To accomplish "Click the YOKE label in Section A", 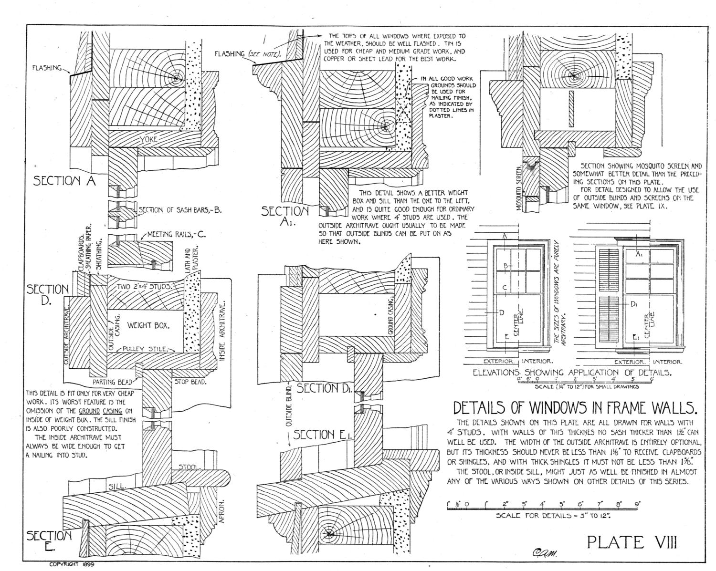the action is pos(148,139).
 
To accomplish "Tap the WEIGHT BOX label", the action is pos(148,326).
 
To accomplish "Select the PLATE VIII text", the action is pos(632,542).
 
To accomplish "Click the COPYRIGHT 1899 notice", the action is pos(72,564).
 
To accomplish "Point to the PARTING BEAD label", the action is pos(113,382).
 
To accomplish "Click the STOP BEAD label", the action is pos(190,382).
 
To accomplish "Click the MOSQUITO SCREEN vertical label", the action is pos(519,188).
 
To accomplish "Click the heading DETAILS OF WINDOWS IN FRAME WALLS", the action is pos(575,408).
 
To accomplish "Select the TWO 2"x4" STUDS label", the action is pos(144,287).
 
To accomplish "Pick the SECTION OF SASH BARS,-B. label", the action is pos(180,210).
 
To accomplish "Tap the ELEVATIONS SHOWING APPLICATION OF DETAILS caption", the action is pos(572,373).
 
